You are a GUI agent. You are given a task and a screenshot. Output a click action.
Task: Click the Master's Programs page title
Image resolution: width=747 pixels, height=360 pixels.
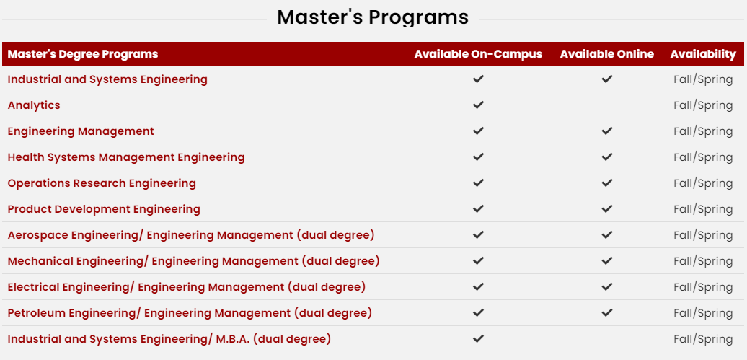point(373,17)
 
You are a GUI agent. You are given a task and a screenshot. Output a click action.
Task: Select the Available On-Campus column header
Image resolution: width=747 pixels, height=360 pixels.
point(478,54)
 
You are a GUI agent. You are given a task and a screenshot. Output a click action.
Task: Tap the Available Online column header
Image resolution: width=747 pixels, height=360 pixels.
point(606,54)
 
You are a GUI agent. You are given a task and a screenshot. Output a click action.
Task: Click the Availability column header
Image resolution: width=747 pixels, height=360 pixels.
point(703,54)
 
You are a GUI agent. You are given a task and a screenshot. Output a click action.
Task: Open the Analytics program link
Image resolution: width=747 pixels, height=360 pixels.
point(34,105)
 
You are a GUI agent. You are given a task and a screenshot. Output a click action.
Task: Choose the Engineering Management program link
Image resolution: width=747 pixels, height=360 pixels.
point(81,131)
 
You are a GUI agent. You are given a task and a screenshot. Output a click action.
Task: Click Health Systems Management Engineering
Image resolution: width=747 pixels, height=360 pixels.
point(125,157)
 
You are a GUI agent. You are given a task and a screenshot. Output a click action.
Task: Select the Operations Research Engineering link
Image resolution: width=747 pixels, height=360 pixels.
point(102,183)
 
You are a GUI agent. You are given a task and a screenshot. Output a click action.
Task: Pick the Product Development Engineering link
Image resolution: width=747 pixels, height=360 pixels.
point(104,209)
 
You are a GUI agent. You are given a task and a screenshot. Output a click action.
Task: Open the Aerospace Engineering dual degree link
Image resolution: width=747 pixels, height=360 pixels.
point(191,235)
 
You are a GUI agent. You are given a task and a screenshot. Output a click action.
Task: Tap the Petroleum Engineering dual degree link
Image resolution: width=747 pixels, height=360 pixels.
point(190,313)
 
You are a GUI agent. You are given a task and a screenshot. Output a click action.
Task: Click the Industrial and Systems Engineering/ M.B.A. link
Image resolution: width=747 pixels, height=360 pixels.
point(169,340)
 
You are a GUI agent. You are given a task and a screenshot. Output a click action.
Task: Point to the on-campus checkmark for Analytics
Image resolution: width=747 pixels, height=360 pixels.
point(478,105)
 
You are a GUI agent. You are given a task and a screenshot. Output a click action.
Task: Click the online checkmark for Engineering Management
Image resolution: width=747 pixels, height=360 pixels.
point(606,131)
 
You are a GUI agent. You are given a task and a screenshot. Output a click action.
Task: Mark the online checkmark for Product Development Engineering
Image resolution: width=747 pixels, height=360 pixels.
point(606,208)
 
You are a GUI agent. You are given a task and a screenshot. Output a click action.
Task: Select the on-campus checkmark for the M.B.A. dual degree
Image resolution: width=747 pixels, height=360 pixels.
point(478,339)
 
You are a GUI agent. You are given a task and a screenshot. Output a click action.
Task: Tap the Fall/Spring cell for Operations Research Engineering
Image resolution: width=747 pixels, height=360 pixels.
point(703,183)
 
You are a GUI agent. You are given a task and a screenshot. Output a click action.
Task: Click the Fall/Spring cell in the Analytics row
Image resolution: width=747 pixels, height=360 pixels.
point(703,105)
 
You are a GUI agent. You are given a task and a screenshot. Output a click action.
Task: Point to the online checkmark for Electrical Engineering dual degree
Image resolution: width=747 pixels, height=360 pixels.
point(606,287)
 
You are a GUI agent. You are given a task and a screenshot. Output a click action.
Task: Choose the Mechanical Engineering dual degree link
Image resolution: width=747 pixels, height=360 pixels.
point(193,261)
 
